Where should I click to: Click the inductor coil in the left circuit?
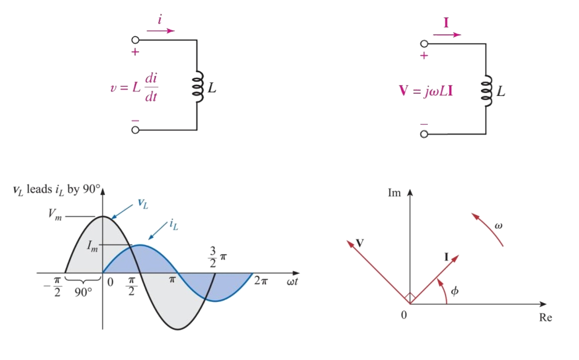pyautogui.click(x=198, y=87)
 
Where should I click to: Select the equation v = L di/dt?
pyautogui.click(x=132, y=87)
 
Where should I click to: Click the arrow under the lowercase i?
pyautogui.click(x=161, y=31)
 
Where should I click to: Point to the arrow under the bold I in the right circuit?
pyautogui.click(x=447, y=35)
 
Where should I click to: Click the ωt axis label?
pyautogui.click(x=293, y=282)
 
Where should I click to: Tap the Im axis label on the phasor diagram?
pyautogui.click(x=394, y=193)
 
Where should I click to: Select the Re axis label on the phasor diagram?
pyautogui.click(x=545, y=318)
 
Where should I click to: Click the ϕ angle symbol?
pyautogui.click(x=454, y=290)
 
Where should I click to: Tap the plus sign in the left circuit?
pyautogui.click(x=135, y=52)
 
